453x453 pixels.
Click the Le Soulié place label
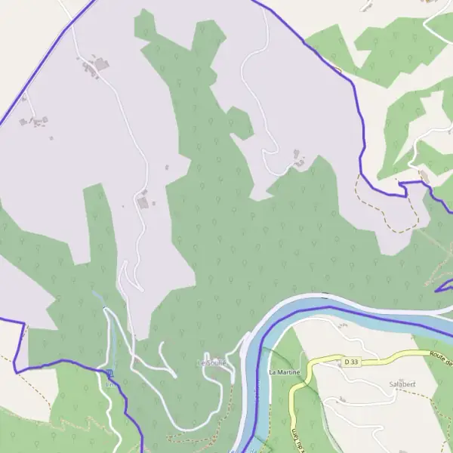[212, 363]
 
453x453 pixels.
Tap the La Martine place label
[284, 372]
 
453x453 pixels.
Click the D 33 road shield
[350, 362]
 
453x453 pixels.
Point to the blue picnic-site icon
[110, 373]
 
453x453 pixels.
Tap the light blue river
[355, 311]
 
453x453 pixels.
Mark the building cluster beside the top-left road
[94, 66]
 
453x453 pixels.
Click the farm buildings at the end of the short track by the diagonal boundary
[35, 121]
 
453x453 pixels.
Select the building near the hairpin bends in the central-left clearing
[143, 200]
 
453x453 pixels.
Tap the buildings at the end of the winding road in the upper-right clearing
[299, 159]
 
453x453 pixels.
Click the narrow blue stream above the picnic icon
[99, 302]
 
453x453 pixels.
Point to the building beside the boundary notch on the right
[423, 176]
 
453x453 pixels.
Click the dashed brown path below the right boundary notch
[393, 219]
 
